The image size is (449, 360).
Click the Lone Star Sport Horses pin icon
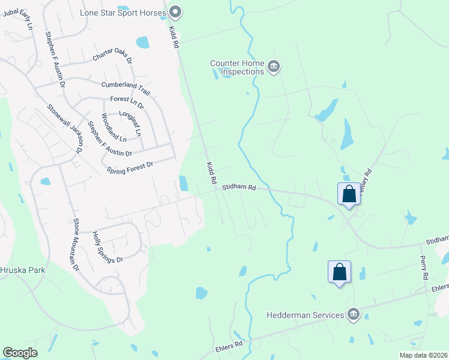(x=175, y=11)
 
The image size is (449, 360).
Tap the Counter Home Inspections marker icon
(x=274, y=66)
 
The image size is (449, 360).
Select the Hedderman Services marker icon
(x=354, y=314)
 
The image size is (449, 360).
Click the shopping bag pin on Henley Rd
(x=349, y=194)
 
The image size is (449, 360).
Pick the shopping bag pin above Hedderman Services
(x=339, y=271)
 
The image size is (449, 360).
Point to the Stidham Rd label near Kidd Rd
(x=239, y=188)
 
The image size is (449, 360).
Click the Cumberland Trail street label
(x=125, y=88)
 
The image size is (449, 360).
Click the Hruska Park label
(x=23, y=270)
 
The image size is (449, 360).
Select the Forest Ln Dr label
(x=127, y=102)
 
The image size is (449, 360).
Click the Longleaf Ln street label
(x=132, y=123)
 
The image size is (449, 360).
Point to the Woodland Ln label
(x=114, y=128)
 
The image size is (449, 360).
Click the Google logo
(x=20, y=352)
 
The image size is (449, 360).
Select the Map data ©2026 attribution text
(x=423, y=355)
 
